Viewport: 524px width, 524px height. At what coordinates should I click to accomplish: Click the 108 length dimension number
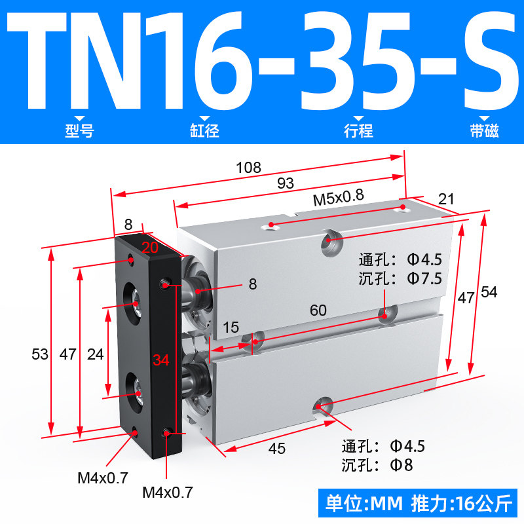[x=248, y=168]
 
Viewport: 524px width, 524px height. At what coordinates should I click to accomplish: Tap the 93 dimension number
[x=286, y=183]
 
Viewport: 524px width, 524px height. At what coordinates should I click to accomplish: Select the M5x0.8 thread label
[x=338, y=198]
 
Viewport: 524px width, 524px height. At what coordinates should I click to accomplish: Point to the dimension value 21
[x=446, y=199]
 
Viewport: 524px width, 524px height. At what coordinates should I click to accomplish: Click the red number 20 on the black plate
[x=150, y=248]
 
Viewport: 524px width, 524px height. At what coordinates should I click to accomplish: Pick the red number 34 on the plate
[x=161, y=360]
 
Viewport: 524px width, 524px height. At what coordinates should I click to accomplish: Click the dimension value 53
[x=40, y=354]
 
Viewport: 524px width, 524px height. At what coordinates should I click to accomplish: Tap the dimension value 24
[x=95, y=354]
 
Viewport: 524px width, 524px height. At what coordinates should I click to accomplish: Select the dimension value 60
[x=318, y=310]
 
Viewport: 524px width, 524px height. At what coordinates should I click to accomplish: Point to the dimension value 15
[x=231, y=327]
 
